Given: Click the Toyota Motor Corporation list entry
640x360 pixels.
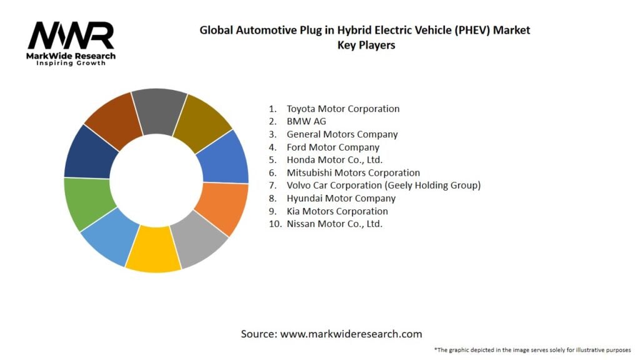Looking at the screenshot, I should pos(342,109).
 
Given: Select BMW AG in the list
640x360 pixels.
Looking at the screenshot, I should pos(306,121).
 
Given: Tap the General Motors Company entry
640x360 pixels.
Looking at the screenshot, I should pos(342,134).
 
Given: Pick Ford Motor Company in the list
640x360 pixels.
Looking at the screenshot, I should pos(333,147).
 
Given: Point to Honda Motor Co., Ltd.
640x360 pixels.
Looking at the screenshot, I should pos(334,160).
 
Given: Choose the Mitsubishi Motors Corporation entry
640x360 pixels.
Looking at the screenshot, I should pos(353,172).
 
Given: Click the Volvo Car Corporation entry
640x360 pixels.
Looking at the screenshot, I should pos(383,185).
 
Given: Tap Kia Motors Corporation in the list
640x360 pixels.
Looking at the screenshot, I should pos(337,211).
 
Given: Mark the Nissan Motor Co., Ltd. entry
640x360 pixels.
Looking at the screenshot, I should pos(334,224).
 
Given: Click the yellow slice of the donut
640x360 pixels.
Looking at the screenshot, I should pos(152,249).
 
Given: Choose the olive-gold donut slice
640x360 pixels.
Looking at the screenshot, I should pos(201,121).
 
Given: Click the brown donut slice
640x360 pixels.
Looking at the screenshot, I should pos(113,119).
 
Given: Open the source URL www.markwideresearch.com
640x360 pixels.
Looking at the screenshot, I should pos(351,334).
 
